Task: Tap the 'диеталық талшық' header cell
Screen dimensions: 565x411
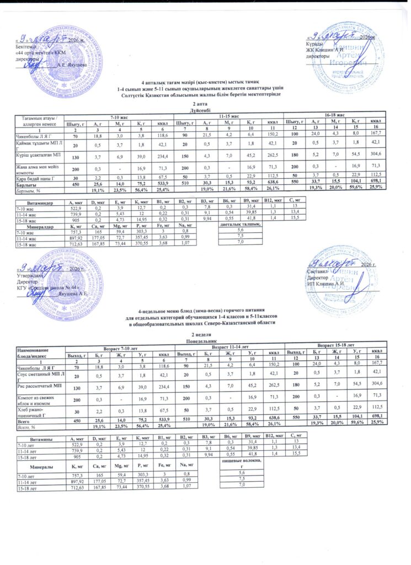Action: (x=240, y=225)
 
